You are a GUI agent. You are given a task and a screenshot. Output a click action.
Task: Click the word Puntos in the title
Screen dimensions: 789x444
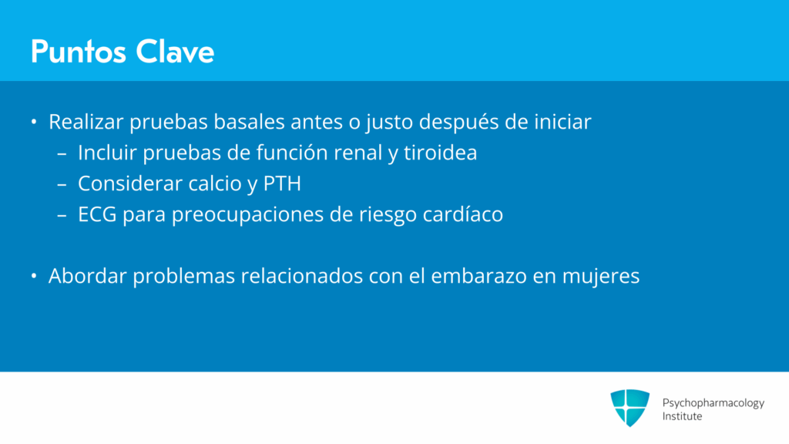pos(78,52)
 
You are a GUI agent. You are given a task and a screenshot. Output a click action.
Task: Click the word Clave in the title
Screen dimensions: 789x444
pos(175,52)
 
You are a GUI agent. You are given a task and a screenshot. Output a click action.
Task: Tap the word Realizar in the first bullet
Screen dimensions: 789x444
pos(86,122)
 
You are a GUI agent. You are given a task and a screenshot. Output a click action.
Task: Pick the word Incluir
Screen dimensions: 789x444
pos(107,153)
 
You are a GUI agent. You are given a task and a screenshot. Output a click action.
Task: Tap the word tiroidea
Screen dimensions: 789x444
pos(440,153)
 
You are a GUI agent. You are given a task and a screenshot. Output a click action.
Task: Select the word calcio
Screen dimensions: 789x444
pos(216,183)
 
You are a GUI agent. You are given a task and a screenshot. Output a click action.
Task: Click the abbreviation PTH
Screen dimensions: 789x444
pos(282,183)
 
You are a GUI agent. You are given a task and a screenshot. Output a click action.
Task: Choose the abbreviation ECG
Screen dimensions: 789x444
pos(97,214)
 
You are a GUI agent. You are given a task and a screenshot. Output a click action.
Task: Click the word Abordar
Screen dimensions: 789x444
pos(88,276)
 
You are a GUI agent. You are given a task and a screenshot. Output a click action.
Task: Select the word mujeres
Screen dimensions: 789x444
pos(601,277)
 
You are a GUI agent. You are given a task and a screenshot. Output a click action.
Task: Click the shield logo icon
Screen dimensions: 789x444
pos(630,408)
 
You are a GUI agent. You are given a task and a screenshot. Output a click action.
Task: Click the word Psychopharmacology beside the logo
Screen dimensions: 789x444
pos(713,403)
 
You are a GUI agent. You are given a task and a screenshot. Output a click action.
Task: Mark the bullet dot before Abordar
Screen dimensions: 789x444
pos(34,276)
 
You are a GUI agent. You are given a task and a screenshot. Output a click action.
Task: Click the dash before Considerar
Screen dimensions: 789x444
pos(62,184)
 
